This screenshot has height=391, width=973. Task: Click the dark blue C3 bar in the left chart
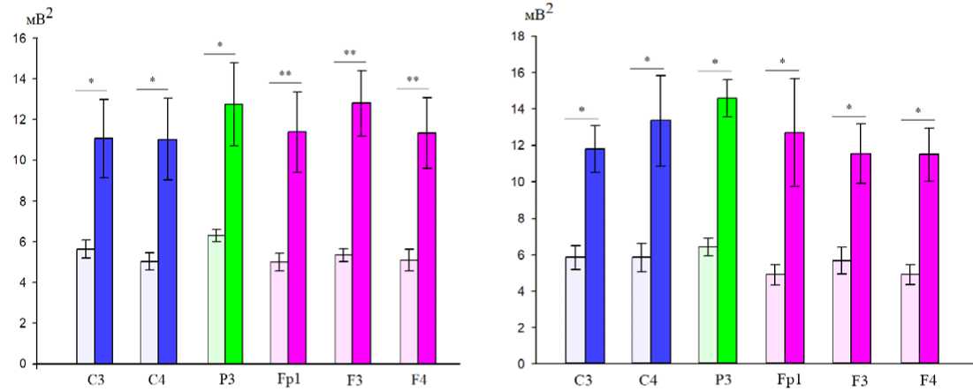coord(104,251)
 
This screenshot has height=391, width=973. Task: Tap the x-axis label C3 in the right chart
coord(583,381)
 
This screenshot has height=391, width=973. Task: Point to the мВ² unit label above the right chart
coord(538,13)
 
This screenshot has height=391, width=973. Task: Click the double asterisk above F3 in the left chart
coord(350,55)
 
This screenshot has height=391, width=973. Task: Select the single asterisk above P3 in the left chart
coord(219,46)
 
